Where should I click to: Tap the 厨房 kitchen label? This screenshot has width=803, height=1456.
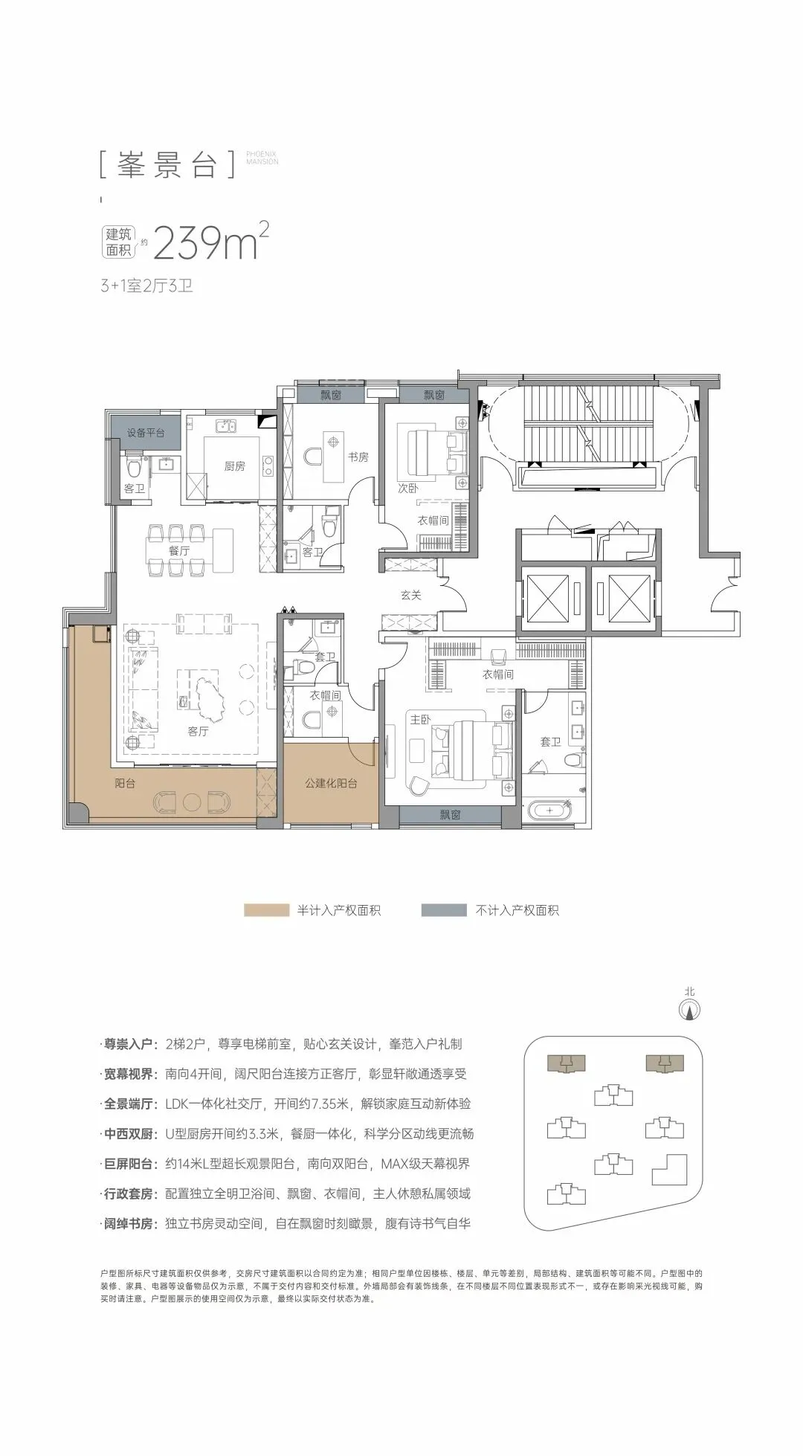[x=234, y=466]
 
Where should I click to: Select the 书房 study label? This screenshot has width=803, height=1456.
[x=358, y=457]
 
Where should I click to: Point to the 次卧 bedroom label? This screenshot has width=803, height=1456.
[x=408, y=490]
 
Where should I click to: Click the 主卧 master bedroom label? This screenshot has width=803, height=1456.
[x=420, y=719]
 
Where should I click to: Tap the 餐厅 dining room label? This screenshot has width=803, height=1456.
[x=178, y=551]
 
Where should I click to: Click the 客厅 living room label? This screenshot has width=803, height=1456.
[x=198, y=732]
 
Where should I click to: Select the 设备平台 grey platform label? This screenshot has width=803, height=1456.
[x=146, y=432]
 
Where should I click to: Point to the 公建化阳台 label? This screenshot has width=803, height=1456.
[x=332, y=783]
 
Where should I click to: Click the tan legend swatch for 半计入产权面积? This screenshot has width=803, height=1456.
[x=266, y=910]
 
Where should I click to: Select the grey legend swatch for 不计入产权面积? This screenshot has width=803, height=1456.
[x=444, y=910]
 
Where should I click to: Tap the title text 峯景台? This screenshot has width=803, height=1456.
[x=167, y=165]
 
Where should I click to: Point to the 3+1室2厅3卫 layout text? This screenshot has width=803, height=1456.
[x=146, y=286]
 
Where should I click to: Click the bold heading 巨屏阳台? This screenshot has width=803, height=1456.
[x=129, y=1164]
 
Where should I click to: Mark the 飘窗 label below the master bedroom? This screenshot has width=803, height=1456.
[x=449, y=815]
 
